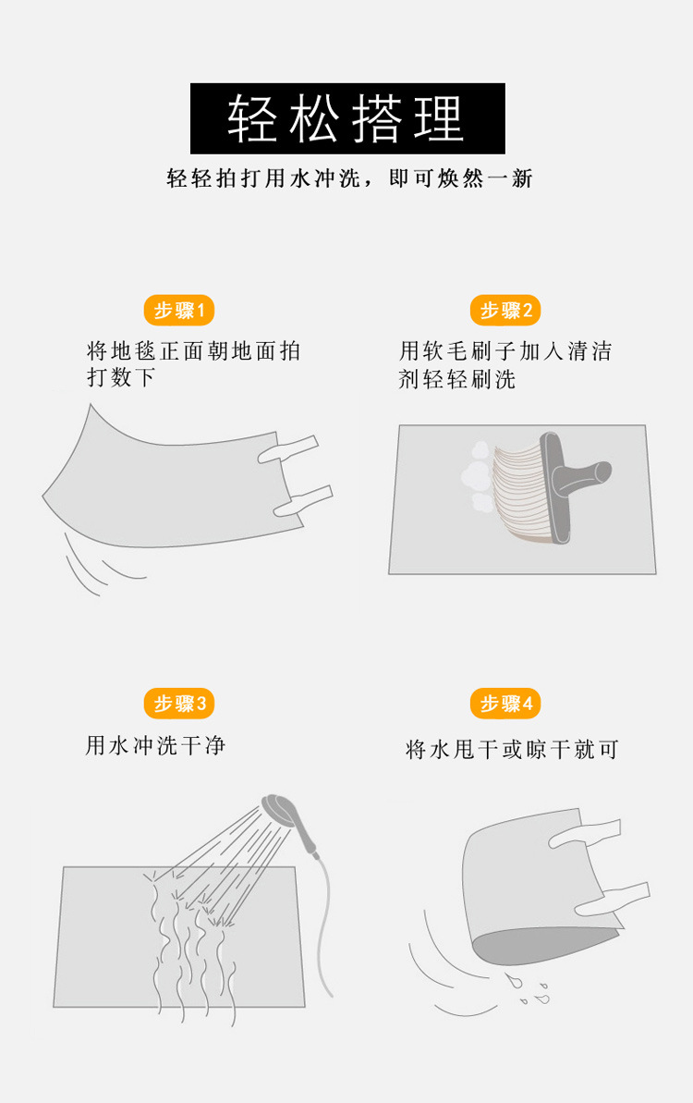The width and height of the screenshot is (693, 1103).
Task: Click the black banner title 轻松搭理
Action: click(x=347, y=118)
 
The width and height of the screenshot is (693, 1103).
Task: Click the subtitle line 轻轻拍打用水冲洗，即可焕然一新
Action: click(x=349, y=178)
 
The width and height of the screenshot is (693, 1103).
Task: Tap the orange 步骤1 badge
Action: click(x=179, y=311)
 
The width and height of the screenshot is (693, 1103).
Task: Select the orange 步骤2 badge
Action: click(x=505, y=311)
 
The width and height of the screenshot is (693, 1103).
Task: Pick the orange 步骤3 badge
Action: click(x=179, y=704)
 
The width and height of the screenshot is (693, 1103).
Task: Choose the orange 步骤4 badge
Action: click(x=505, y=704)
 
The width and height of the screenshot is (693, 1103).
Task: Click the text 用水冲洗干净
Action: click(x=155, y=745)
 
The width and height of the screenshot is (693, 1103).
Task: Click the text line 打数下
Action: click(x=120, y=378)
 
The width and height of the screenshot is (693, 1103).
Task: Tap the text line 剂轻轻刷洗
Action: click(x=456, y=379)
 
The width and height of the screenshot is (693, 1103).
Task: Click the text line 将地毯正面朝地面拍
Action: click(x=193, y=351)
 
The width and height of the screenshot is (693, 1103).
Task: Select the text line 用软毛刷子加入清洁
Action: click(x=505, y=351)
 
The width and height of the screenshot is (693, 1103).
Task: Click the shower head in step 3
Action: click(x=278, y=809)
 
